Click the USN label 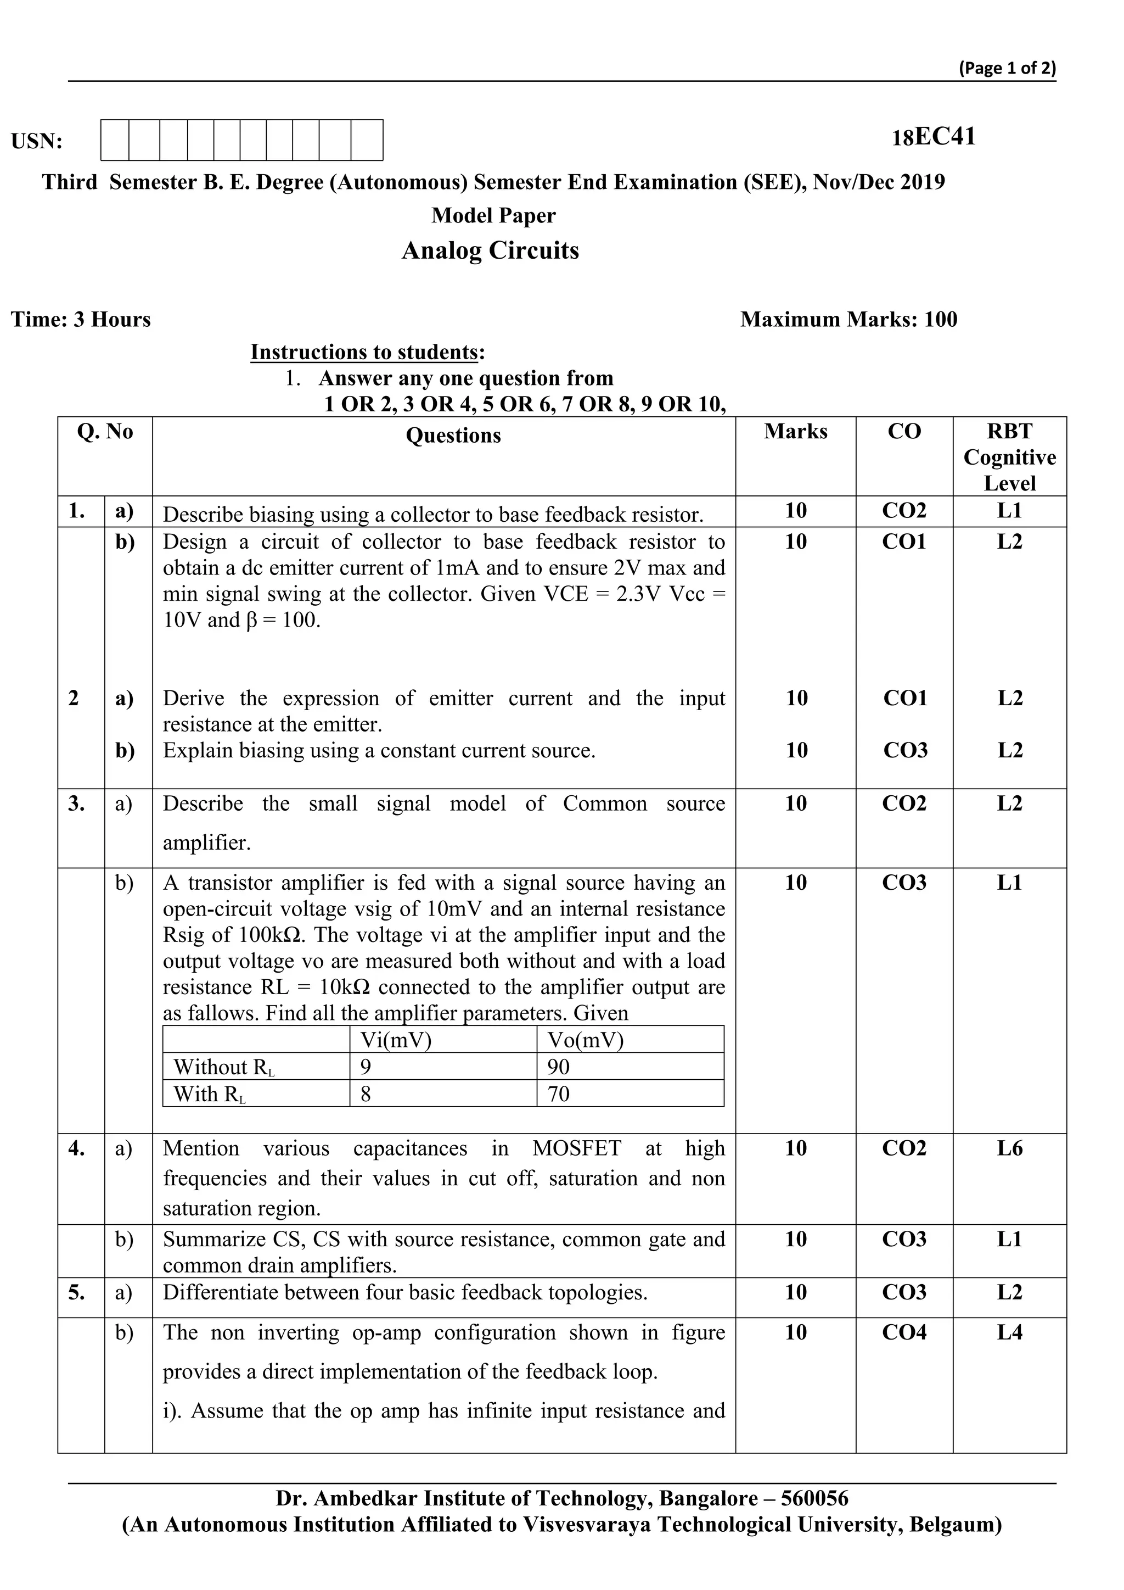37,141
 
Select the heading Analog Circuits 490,250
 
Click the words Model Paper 493,215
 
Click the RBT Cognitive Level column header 1009,457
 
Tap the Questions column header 453,436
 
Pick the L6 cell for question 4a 1009,1148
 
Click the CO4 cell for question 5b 904,1332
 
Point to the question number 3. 76,804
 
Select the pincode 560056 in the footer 814,1499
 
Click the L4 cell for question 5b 1009,1332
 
